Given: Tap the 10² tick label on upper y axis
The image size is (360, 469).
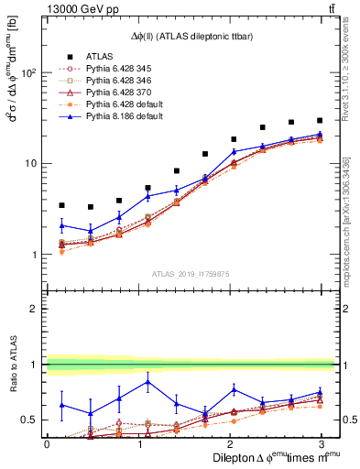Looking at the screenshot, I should point(30,73).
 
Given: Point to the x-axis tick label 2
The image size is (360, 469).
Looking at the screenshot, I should point(228,443).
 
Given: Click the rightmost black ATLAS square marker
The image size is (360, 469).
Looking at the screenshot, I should point(319,120).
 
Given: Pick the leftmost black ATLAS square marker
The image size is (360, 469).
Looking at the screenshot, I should point(61,205).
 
